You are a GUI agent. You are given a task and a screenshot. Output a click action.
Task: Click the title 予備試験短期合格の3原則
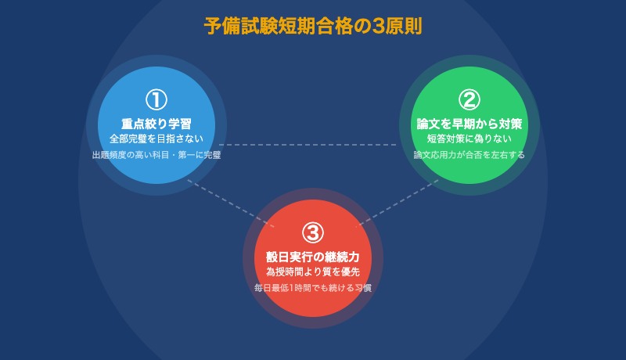click(313, 26)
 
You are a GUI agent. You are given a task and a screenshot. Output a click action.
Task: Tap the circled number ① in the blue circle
click(156, 99)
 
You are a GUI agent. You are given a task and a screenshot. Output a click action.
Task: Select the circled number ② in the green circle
click(469, 99)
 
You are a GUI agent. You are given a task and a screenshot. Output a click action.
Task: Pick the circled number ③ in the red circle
click(313, 232)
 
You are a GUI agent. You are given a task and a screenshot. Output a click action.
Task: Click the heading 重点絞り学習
click(156, 124)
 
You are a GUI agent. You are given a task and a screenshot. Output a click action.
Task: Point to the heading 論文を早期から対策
click(469, 124)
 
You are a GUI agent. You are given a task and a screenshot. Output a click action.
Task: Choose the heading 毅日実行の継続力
click(313, 257)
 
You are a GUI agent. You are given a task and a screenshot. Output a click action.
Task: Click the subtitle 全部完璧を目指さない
click(156, 139)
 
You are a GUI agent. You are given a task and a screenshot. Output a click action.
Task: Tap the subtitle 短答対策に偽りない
click(469, 139)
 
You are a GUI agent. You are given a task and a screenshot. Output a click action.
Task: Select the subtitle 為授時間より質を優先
click(313, 272)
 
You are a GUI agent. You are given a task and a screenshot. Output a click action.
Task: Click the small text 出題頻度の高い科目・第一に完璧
click(156, 155)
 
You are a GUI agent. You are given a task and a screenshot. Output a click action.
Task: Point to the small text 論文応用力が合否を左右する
click(469, 155)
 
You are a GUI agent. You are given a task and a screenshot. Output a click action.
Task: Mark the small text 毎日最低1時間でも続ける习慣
click(313, 288)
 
